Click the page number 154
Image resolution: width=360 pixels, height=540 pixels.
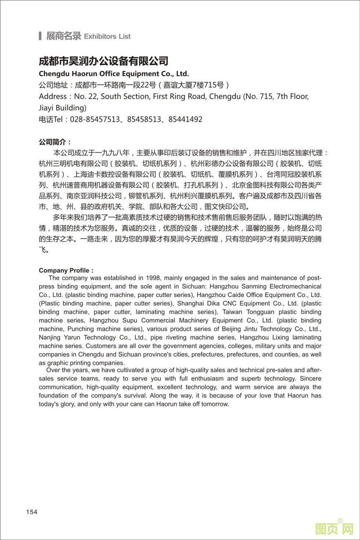point(32,512)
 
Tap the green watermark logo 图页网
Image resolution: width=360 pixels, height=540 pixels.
point(334,529)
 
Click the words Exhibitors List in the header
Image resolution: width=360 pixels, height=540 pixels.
point(107,36)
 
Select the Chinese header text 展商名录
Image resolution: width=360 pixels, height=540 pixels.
point(63,36)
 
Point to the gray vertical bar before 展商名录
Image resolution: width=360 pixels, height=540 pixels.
point(40,36)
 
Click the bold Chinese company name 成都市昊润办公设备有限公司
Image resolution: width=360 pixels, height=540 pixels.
point(104,61)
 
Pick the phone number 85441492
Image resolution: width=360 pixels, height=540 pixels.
point(185,119)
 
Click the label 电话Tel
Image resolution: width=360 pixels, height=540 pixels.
point(51,119)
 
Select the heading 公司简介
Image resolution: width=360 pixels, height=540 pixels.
point(55,142)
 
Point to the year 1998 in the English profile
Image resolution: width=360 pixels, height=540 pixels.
point(153,278)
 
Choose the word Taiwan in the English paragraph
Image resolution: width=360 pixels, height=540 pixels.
point(232,312)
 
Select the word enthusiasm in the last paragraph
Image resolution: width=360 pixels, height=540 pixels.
point(207,378)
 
